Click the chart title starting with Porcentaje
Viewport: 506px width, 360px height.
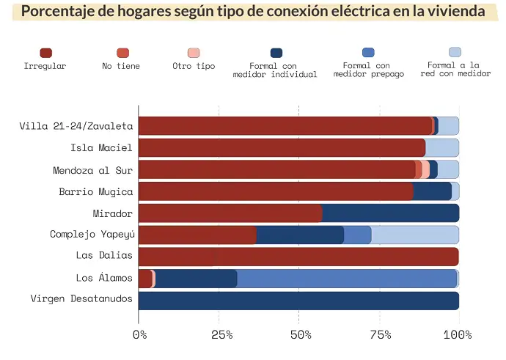pos(253,12)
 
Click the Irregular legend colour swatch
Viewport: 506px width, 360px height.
pos(45,53)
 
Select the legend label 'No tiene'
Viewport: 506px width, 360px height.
pos(121,66)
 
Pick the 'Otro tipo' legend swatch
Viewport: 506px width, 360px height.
pos(194,53)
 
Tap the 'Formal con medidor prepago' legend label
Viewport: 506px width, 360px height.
pos(368,70)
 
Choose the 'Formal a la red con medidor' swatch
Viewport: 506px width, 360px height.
pos(455,52)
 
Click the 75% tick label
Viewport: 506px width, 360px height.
pos(379,335)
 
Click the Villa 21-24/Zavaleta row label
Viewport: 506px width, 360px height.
pos(76,126)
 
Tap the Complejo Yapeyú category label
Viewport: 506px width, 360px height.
pos(91,235)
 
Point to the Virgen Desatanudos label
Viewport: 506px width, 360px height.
pos(81,299)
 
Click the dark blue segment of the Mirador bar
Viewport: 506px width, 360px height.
pos(390,213)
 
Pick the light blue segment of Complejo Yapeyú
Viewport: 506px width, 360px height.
pos(415,235)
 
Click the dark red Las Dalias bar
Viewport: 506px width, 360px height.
pos(298,257)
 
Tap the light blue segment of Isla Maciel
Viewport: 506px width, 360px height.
pos(442,148)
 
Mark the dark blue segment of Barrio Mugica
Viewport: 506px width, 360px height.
pos(433,191)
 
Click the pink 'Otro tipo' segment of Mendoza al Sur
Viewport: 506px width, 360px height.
pos(426,170)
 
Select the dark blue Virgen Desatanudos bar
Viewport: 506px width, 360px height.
pos(298,301)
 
